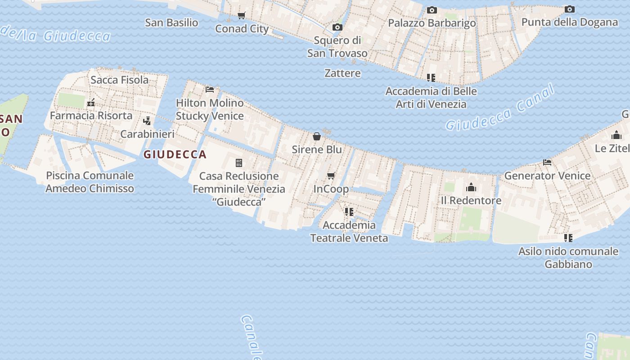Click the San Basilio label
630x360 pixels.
pyautogui.click(x=171, y=22)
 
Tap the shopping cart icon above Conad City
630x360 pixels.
pyautogui.click(x=242, y=16)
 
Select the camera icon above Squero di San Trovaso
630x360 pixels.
pyautogui.click(x=337, y=27)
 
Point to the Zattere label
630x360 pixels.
pyautogui.click(x=342, y=73)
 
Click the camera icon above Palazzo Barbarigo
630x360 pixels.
pyautogui.click(x=432, y=10)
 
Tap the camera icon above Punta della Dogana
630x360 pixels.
pyautogui.click(x=569, y=9)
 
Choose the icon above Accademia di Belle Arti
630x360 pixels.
pyautogui.click(x=431, y=78)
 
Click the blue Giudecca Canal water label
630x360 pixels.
pyautogui.click(x=499, y=108)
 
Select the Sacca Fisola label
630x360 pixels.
pyautogui.click(x=119, y=80)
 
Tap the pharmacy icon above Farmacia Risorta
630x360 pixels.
pyautogui.click(x=91, y=103)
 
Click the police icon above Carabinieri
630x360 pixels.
pyautogui.click(x=147, y=121)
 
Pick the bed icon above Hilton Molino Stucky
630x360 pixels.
pyautogui.click(x=210, y=90)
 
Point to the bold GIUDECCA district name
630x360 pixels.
pyautogui.click(x=175, y=155)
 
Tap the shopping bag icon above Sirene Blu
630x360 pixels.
pyautogui.click(x=317, y=136)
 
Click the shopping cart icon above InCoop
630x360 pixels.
pyautogui.click(x=331, y=176)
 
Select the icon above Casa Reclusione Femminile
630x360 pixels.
pyautogui.click(x=239, y=163)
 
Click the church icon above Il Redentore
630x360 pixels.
pyautogui.click(x=471, y=187)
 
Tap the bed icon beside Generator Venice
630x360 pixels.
pyautogui.click(x=547, y=162)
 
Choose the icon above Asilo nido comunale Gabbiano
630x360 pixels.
pyautogui.click(x=568, y=238)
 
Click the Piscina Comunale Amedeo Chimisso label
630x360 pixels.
pyautogui.click(x=90, y=182)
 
